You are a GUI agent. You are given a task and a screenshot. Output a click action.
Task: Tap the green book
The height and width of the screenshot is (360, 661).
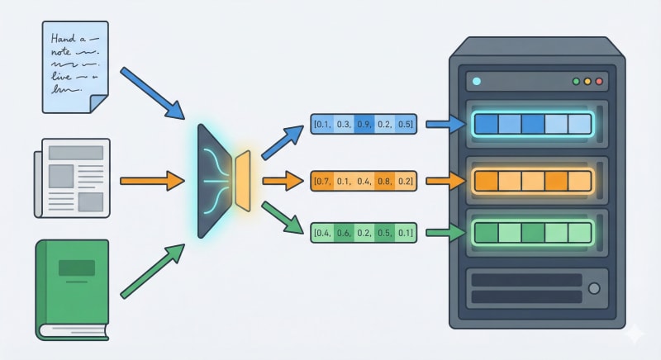tap(73, 289)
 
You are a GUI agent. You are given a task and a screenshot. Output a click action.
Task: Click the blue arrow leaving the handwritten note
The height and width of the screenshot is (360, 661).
tap(152, 91)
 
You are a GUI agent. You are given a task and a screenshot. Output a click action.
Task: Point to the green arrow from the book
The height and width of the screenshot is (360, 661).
tap(154, 270)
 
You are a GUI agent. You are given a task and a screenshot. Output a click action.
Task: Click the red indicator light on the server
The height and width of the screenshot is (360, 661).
tap(599, 82)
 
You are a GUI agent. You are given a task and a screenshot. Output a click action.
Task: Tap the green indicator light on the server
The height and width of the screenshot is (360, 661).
tap(577, 82)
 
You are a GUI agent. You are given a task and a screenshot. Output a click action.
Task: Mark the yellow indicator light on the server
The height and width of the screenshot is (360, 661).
tap(588, 82)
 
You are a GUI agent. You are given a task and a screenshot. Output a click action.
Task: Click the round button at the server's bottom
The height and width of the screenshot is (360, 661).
tap(593, 288)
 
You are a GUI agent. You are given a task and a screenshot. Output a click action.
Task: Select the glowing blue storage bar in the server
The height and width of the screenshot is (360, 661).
tap(533, 125)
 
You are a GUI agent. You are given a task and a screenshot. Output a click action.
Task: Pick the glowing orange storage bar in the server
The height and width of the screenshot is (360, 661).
tap(533, 179)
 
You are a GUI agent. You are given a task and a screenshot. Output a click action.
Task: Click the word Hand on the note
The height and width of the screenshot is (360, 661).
tap(65, 38)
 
